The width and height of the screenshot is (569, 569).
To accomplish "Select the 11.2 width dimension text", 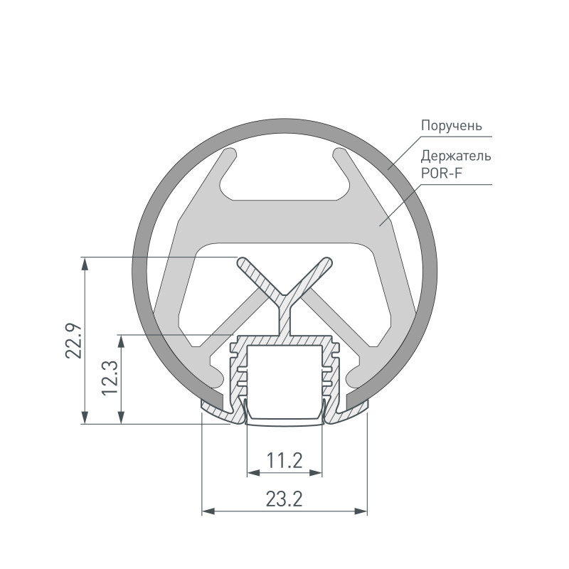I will coord(284,461).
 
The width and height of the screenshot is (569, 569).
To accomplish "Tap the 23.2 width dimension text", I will coord(284,499).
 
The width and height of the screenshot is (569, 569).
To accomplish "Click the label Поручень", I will coord(451,125).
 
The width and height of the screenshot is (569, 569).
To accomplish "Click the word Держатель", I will coord(456,156).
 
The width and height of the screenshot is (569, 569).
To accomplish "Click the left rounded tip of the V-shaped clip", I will coord(243,262).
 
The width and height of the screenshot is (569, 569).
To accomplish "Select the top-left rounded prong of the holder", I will coord(229,154).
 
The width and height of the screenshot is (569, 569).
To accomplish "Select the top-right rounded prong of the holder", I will coord(340,154).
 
